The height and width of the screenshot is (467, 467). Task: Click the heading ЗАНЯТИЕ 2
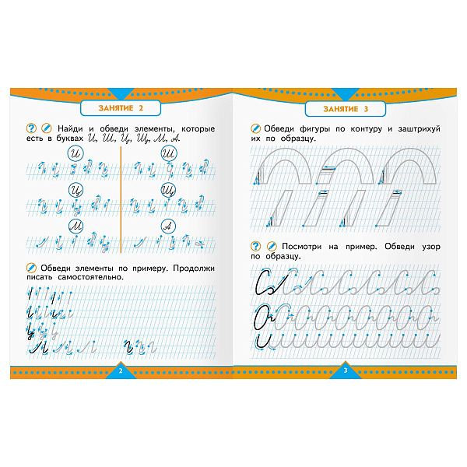click(x=121, y=108)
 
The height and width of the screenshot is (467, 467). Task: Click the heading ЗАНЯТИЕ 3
click(x=346, y=109)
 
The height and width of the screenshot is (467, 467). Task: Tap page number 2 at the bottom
click(x=121, y=370)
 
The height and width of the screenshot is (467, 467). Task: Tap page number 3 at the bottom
click(x=346, y=370)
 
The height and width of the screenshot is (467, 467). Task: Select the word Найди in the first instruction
click(x=70, y=129)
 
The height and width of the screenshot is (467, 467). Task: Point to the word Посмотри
click(x=301, y=247)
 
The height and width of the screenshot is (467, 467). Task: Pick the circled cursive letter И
click(x=75, y=153)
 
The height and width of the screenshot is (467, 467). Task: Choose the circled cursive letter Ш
click(x=169, y=153)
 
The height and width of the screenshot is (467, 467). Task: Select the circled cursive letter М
click(x=75, y=227)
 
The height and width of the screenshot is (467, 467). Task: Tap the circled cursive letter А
click(x=168, y=227)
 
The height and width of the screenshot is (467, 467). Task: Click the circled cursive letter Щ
click(x=169, y=190)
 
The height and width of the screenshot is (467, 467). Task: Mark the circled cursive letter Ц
click(x=75, y=190)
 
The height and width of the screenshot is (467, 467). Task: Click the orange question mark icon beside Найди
click(x=31, y=128)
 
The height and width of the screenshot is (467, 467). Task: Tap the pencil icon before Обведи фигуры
click(x=255, y=128)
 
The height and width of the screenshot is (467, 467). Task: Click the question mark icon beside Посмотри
click(x=255, y=246)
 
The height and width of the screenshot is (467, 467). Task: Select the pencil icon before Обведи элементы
click(x=31, y=268)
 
